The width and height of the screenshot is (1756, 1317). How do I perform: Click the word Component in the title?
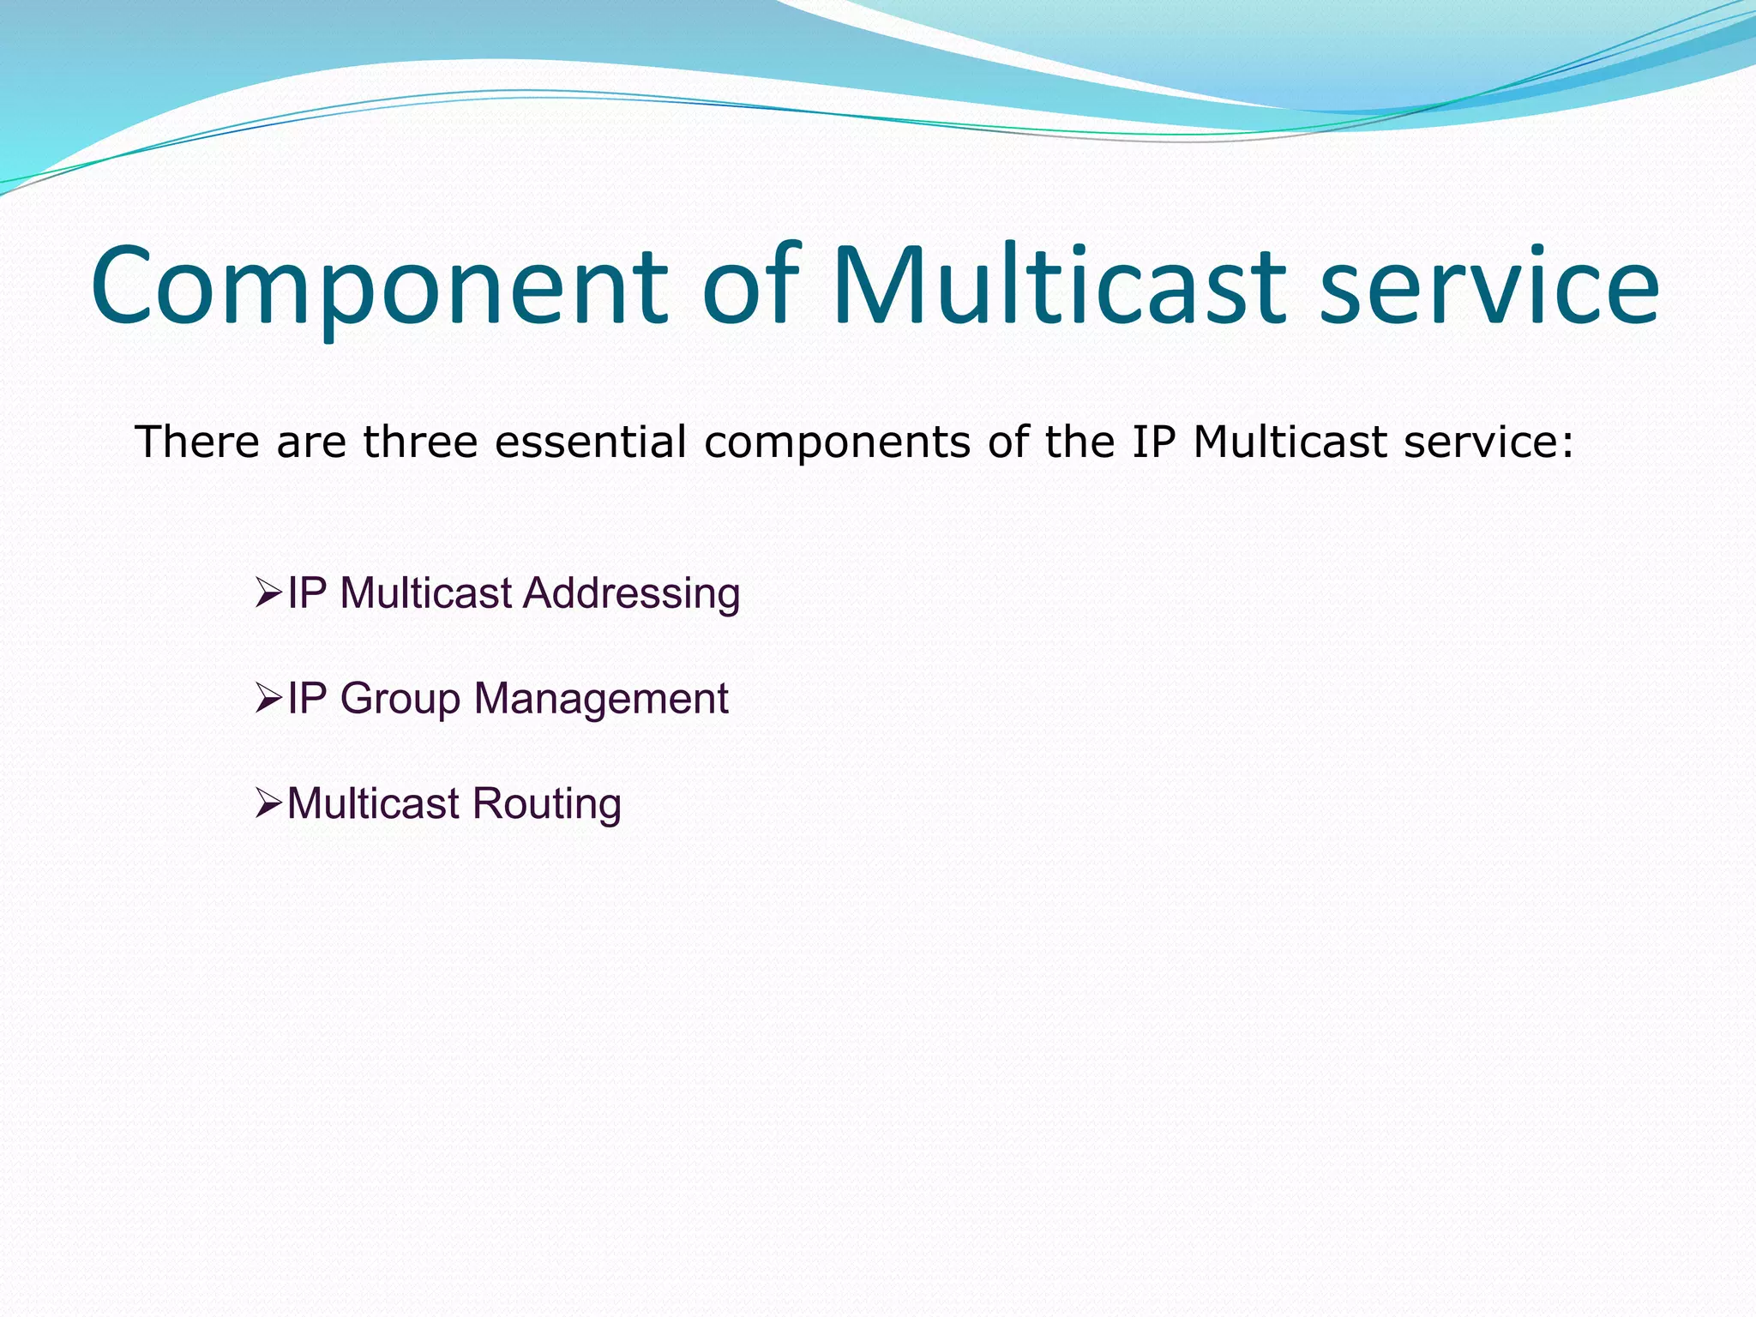pyautogui.click(x=378, y=287)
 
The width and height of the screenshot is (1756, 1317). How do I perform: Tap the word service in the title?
pyautogui.click(x=1488, y=287)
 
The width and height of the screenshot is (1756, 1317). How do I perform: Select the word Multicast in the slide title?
pyautogui.click(x=1058, y=287)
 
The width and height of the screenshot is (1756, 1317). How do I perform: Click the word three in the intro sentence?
pyautogui.click(x=419, y=442)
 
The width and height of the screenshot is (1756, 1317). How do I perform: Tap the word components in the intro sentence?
pyautogui.click(x=837, y=442)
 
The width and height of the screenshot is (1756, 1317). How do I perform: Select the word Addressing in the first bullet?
pyautogui.click(x=632, y=593)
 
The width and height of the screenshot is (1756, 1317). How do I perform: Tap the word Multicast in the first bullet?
pyautogui.click(x=425, y=593)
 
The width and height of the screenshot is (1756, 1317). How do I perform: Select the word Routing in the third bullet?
pyautogui.click(x=546, y=805)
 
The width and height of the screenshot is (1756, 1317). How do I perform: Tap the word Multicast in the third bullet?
pyautogui.click(x=373, y=804)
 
